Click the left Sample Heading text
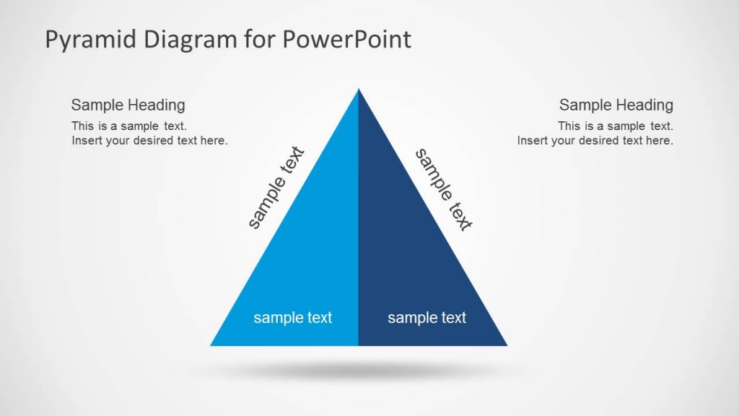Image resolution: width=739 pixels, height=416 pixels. (128, 105)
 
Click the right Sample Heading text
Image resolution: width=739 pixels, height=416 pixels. (616, 105)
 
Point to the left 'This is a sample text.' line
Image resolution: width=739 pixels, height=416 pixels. (129, 126)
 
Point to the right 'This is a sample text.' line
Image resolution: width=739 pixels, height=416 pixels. (615, 126)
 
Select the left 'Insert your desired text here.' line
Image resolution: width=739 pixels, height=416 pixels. (149, 141)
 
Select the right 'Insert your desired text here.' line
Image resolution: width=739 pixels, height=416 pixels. (595, 141)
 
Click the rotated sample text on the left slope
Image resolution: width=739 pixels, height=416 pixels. (276, 188)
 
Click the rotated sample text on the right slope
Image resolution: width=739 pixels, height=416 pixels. (443, 189)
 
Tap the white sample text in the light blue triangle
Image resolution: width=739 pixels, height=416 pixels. (293, 318)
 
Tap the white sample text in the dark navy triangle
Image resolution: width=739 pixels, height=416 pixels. (427, 318)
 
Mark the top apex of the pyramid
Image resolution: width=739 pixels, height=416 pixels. (358, 90)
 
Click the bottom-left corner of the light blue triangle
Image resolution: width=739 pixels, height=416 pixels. (212, 344)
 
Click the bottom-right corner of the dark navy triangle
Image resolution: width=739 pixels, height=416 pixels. (505, 344)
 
